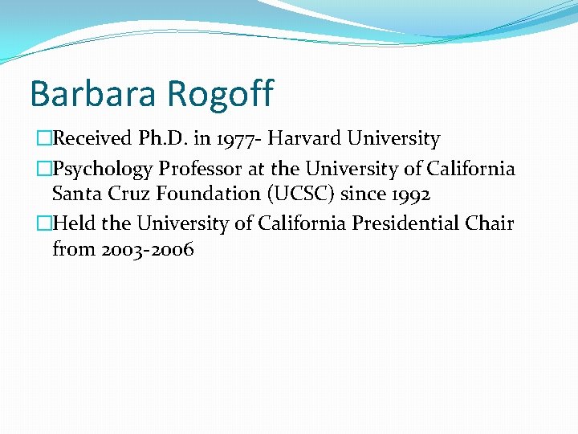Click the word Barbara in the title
pos(83,93)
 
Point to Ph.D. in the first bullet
pos(165,139)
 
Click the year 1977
pos(234,139)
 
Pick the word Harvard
pos(304,139)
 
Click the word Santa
pos(75,195)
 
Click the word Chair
pos(489,223)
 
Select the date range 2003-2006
pos(147,250)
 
